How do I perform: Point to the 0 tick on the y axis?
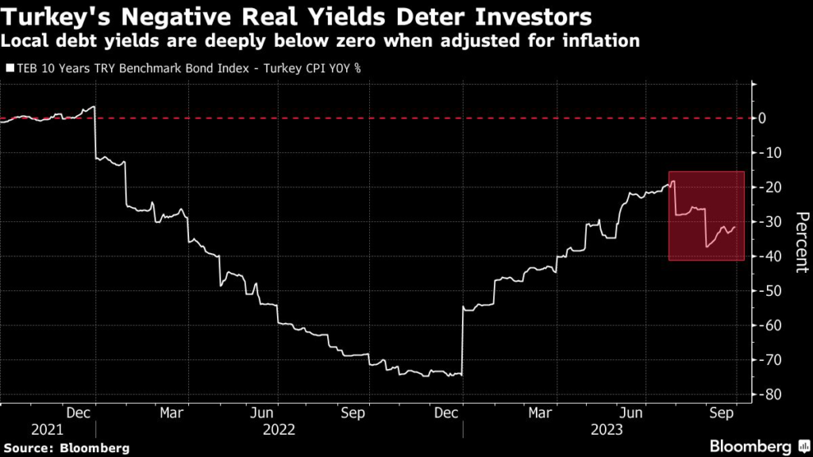pyautogui.click(x=762, y=118)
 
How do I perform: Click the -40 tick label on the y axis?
pyautogui.click(x=767, y=256)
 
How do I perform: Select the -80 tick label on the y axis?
pyautogui.click(x=767, y=394)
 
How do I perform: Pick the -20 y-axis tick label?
pyautogui.click(x=767, y=187)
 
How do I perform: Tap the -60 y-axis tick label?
pyautogui.click(x=767, y=325)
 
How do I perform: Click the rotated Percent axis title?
pyautogui.click(x=801, y=242)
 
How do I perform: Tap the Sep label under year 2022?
pyautogui.click(x=354, y=413)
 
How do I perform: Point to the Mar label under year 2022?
pyautogui.click(x=172, y=413)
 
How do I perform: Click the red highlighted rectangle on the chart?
pyautogui.click(x=707, y=216)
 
